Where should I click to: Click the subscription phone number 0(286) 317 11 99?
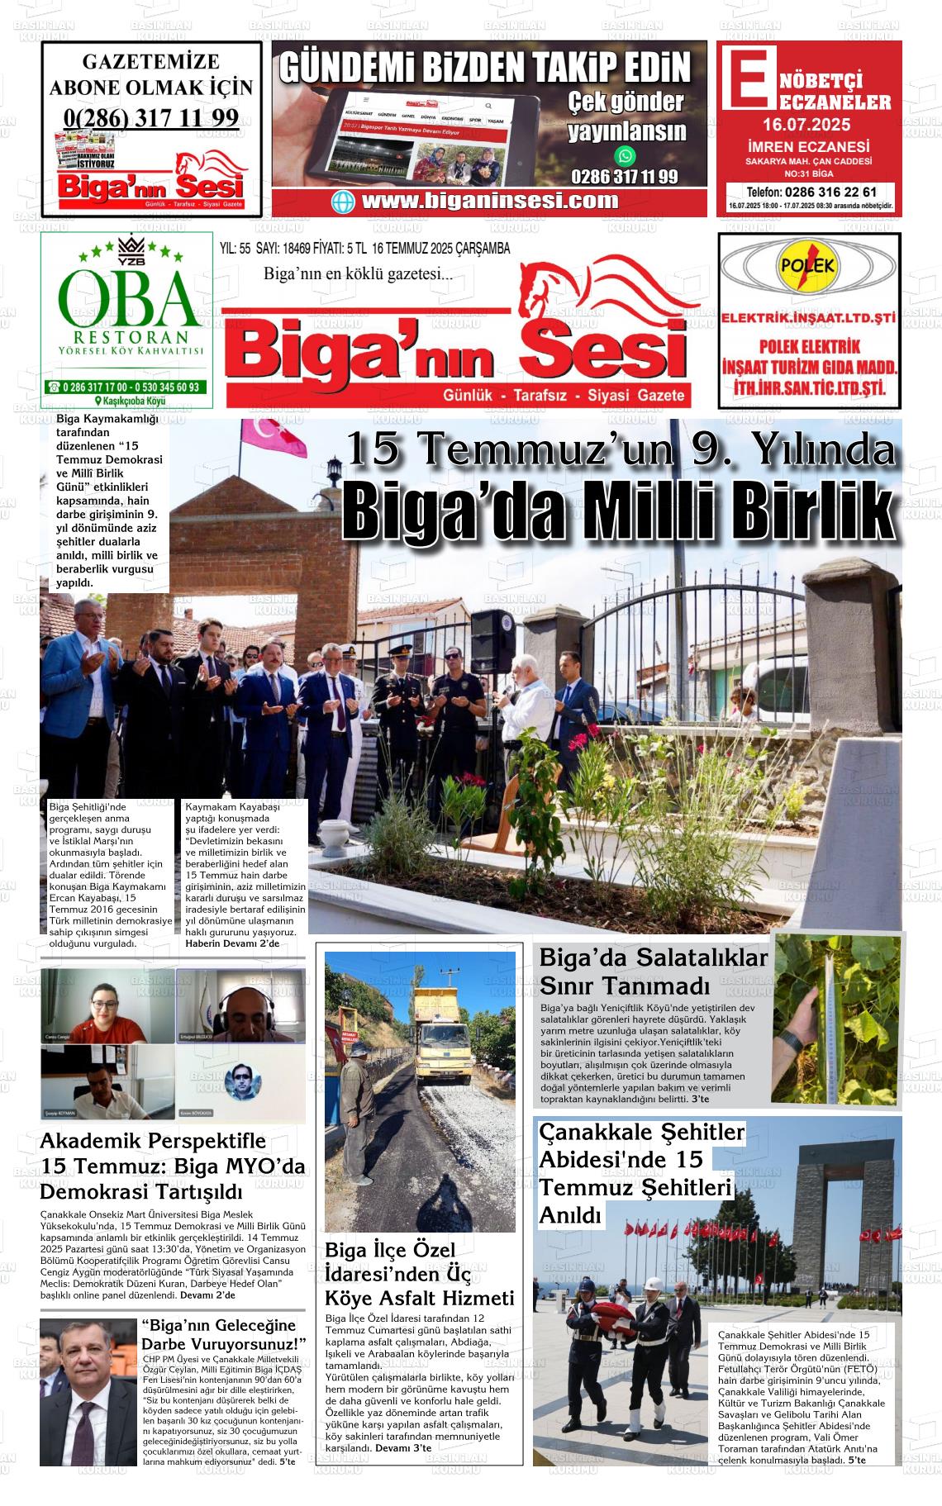150,117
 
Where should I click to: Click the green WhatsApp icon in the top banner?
626,155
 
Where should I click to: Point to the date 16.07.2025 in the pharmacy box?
806,126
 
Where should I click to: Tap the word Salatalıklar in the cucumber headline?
702,958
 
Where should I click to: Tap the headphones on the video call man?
249,1002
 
